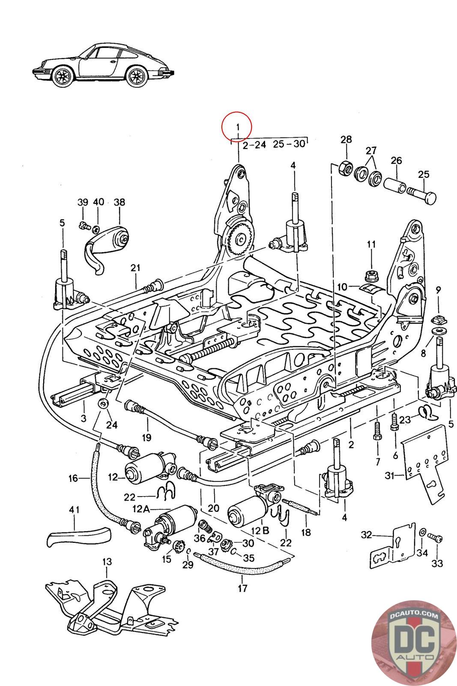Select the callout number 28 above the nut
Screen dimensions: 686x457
[x=346, y=139]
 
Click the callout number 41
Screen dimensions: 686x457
[x=75, y=511]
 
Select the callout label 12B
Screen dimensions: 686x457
[x=260, y=530]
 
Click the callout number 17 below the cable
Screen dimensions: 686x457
[x=242, y=588]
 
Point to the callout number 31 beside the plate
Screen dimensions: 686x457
[x=389, y=475]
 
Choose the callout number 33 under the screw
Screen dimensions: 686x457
[x=437, y=563]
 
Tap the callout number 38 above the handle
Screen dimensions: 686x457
[x=119, y=202]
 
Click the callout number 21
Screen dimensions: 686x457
[x=135, y=268]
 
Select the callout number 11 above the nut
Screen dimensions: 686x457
[x=371, y=244]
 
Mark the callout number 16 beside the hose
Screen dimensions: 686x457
[x=73, y=478]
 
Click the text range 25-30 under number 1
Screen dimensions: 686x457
[x=289, y=144]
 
